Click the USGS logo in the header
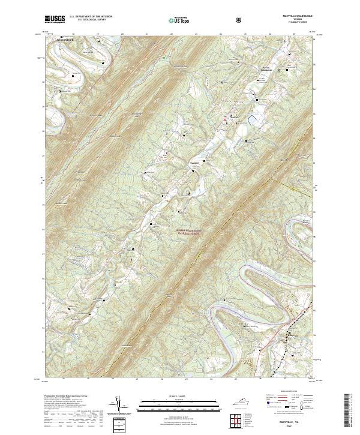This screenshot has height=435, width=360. pos(54,19)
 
